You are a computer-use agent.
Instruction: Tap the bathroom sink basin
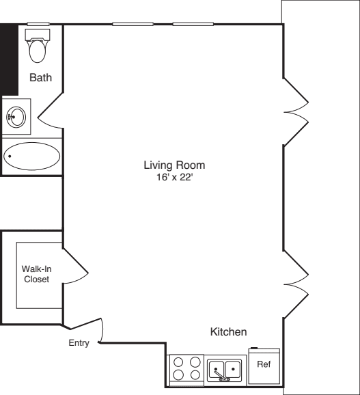pos(16,117)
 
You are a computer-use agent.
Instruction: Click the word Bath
pos(40,79)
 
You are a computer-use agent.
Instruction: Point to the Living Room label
pos(174,165)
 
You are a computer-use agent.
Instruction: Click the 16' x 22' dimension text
pos(174,177)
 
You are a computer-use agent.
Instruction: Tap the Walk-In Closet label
pos(37,273)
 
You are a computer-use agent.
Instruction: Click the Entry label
pos(79,343)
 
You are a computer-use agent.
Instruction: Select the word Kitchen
pos(228,332)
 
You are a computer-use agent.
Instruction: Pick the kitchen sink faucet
pos(220,373)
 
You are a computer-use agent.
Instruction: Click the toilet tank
pos(37,33)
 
